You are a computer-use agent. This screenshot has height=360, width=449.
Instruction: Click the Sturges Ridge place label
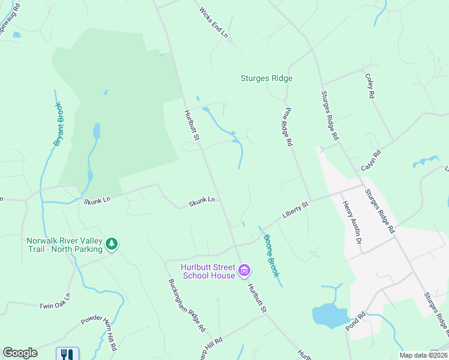click(x=267, y=78)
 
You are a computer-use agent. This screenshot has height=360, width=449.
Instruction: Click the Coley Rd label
click(x=371, y=86)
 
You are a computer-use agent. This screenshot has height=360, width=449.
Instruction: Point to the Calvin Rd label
click(x=372, y=161)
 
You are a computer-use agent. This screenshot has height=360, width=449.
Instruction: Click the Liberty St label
click(x=295, y=211)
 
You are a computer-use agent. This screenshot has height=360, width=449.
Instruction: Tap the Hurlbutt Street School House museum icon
click(x=244, y=271)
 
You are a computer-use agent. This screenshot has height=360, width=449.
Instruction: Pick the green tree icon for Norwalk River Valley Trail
click(x=111, y=244)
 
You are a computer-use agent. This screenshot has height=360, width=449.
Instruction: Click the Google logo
click(x=20, y=353)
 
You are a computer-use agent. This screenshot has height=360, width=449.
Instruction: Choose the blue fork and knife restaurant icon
click(x=67, y=354)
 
